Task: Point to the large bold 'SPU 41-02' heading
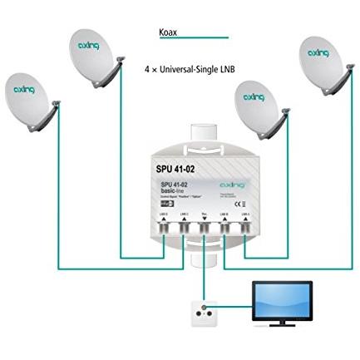pyautogui.click(x=175, y=167)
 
